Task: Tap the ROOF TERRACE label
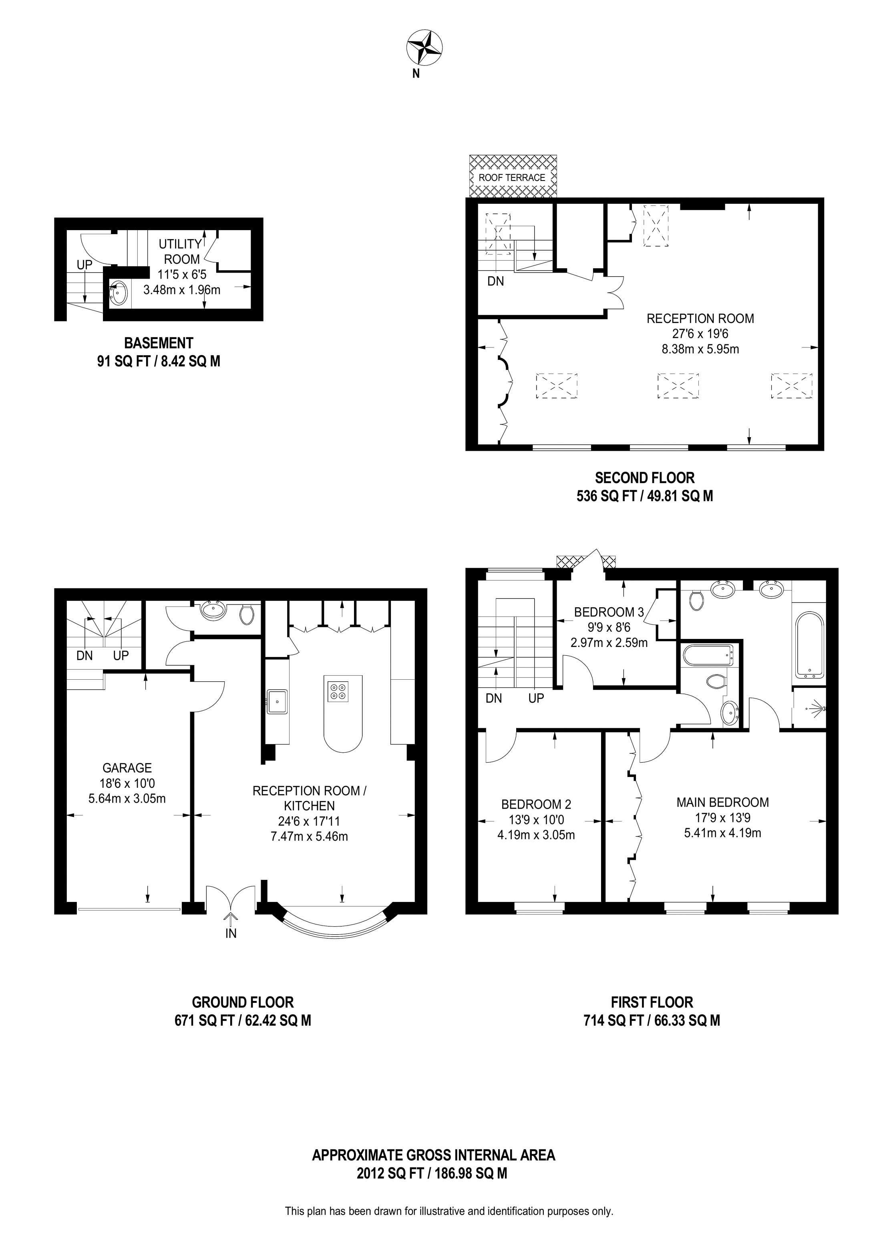tap(511, 177)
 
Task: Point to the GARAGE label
tap(127, 768)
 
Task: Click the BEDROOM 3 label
tap(609, 612)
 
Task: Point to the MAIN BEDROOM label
tap(722, 802)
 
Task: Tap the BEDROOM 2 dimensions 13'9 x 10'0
tap(536, 820)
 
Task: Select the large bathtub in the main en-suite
tap(809, 645)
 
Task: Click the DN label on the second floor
tap(495, 281)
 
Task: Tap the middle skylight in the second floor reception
tap(678, 386)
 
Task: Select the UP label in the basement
tap(84, 265)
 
